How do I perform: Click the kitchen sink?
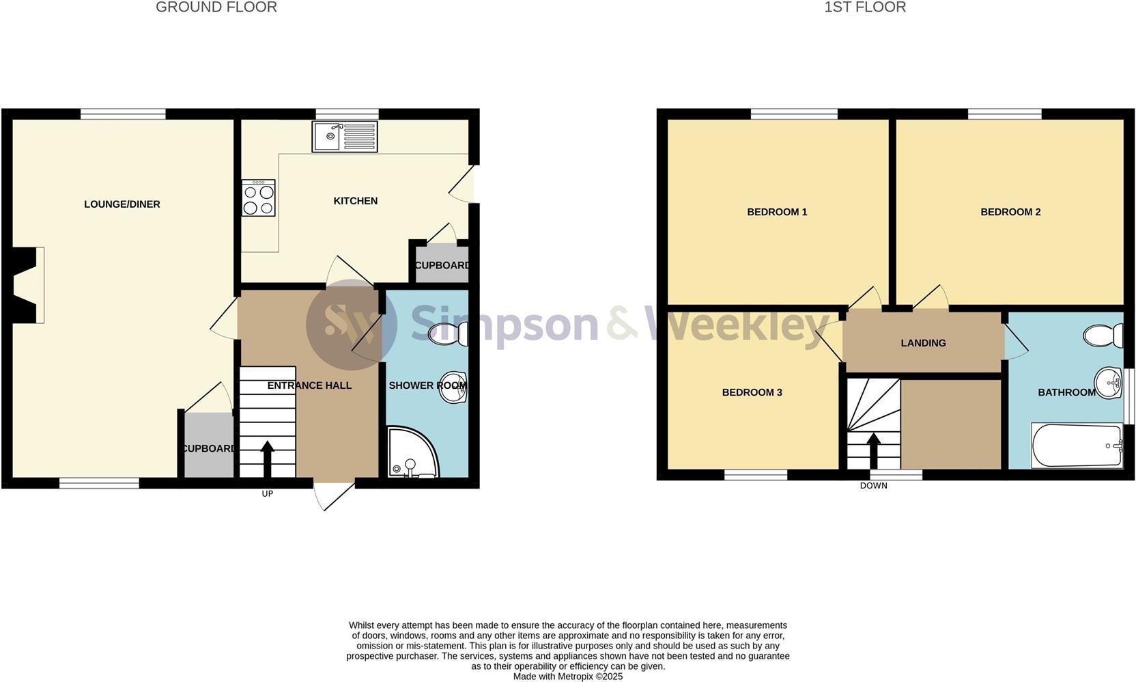[x=344, y=136]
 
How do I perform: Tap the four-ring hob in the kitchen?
[x=258, y=198]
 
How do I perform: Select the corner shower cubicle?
[x=410, y=453]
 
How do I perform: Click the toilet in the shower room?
[x=449, y=333]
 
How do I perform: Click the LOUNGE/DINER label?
[x=122, y=204]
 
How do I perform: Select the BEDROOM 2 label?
[x=1010, y=212]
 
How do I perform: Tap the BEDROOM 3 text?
[x=752, y=392]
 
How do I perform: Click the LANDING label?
[x=923, y=343]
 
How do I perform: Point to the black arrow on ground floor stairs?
[x=267, y=458]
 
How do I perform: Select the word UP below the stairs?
[x=267, y=493]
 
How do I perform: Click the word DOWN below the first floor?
[x=873, y=486]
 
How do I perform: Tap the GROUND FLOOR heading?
[x=216, y=8]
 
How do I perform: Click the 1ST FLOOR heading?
[x=865, y=8]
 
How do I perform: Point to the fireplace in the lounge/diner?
[x=27, y=284]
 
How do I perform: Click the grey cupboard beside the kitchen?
[x=442, y=265]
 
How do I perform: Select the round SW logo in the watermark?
[x=352, y=325]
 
